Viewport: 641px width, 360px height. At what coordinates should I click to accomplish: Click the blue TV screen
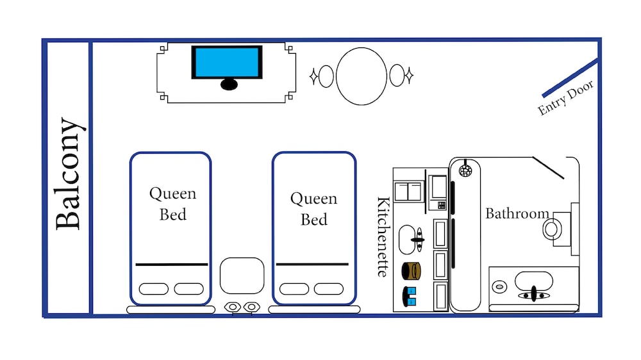click(x=227, y=62)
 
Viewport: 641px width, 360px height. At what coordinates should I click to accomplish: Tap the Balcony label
click(x=69, y=174)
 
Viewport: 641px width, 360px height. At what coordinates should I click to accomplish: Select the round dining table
click(x=362, y=76)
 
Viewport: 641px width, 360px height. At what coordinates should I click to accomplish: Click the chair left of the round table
click(x=326, y=76)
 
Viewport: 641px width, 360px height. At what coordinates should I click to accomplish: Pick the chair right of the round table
click(x=397, y=76)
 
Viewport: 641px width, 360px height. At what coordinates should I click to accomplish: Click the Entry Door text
click(x=566, y=98)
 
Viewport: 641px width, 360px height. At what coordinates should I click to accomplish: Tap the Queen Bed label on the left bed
click(x=172, y=203)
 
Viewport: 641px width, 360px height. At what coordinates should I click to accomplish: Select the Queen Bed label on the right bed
click(x=313, y=208)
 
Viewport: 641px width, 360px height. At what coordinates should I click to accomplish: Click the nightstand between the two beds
click(x=242, y=275)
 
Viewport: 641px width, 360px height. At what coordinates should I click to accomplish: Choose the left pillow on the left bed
click(x=153, y=289)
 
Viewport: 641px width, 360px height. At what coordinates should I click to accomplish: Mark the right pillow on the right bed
click(x=328, y=289)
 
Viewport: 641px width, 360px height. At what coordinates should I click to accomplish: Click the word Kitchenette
click(x=383, y=236)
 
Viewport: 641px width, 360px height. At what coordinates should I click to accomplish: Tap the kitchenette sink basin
click(x=411, y=240)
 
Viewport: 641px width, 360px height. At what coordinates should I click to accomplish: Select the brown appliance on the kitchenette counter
click(x=410, y=271)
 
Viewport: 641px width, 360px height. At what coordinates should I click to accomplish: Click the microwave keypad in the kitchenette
click(x=441, y=205)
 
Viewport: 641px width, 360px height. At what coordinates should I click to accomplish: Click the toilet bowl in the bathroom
click(x=551, y=229)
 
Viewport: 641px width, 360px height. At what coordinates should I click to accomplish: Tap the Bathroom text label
click(x=517, y=213)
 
